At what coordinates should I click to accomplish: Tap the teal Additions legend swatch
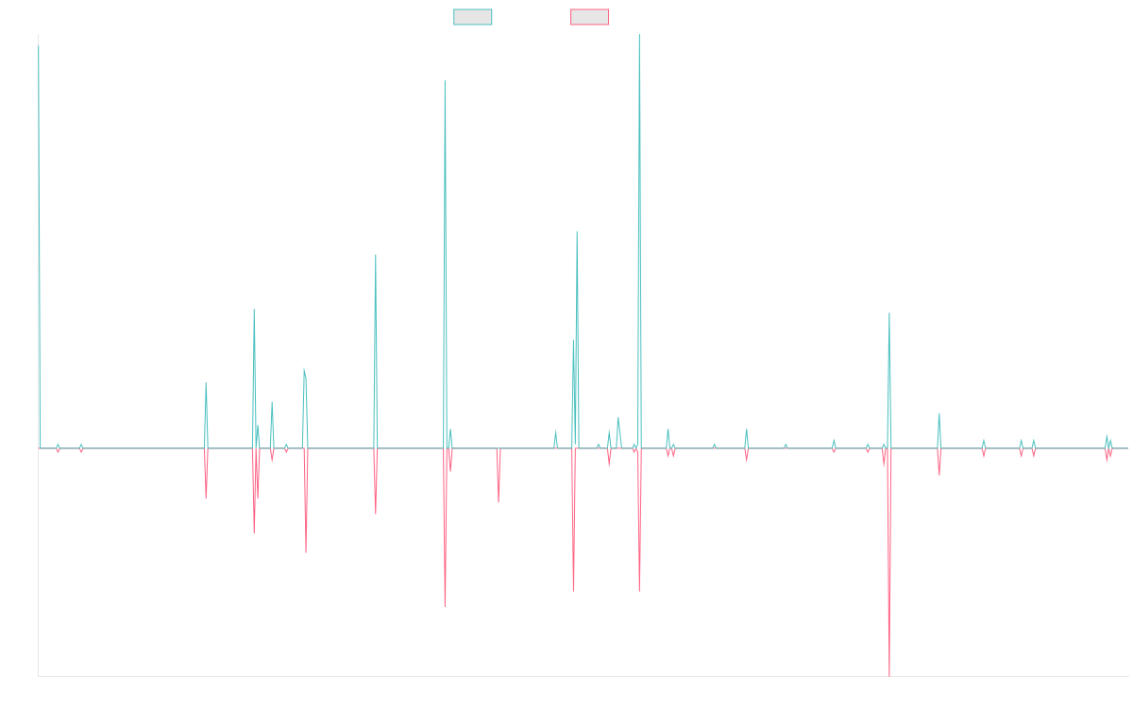(472, 17)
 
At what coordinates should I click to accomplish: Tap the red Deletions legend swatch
(589, 17)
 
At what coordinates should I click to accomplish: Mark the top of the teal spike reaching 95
(445, 81)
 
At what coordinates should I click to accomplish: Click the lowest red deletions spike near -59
(889, 676)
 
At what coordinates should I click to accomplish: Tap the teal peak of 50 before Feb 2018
(376, 255)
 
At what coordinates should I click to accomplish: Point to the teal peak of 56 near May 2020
(577, 232)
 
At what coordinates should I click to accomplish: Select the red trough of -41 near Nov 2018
(445, 605)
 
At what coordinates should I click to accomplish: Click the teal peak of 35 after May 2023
(889, 313)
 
